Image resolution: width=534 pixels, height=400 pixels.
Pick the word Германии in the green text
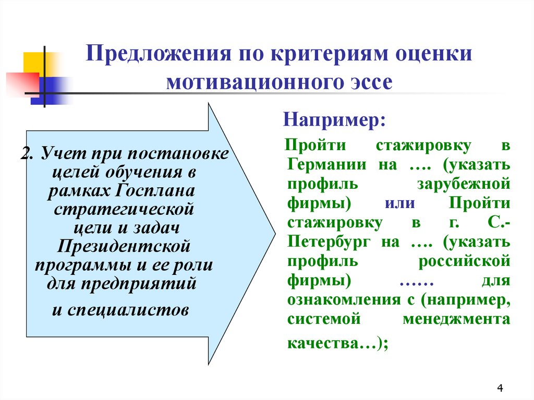coord(327,165)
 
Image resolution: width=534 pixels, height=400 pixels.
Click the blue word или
coord(400,203)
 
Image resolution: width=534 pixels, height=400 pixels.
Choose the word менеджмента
coord(456,320)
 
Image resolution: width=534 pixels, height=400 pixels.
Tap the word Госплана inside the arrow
coord(155,191)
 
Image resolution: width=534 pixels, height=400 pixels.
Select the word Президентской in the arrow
coord(124,246)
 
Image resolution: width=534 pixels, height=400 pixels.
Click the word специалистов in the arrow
coord(128,310)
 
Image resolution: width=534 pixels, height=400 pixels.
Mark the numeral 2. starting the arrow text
coord(27,154)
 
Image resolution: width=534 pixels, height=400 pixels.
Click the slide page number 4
coord(500,388)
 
